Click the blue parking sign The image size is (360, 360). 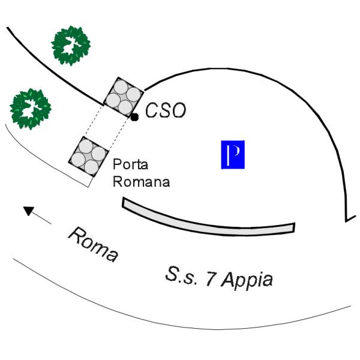(233, 155)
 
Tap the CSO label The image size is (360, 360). (166, 110)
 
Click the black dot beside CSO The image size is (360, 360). (134, 118)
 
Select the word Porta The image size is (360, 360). (130, 164)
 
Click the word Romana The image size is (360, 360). (142, 181)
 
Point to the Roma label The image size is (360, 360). (94, 244)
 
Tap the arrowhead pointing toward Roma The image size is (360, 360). (29, 211)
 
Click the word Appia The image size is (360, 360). (247, 280)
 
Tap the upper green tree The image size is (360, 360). (71, 46)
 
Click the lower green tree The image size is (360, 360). (31, 109)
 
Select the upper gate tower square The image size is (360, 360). (124, 97)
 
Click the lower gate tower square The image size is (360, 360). (89, 157)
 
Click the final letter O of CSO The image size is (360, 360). (178, 110)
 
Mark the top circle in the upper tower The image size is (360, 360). (121, 87)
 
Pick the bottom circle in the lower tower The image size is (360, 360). (91, 167)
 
